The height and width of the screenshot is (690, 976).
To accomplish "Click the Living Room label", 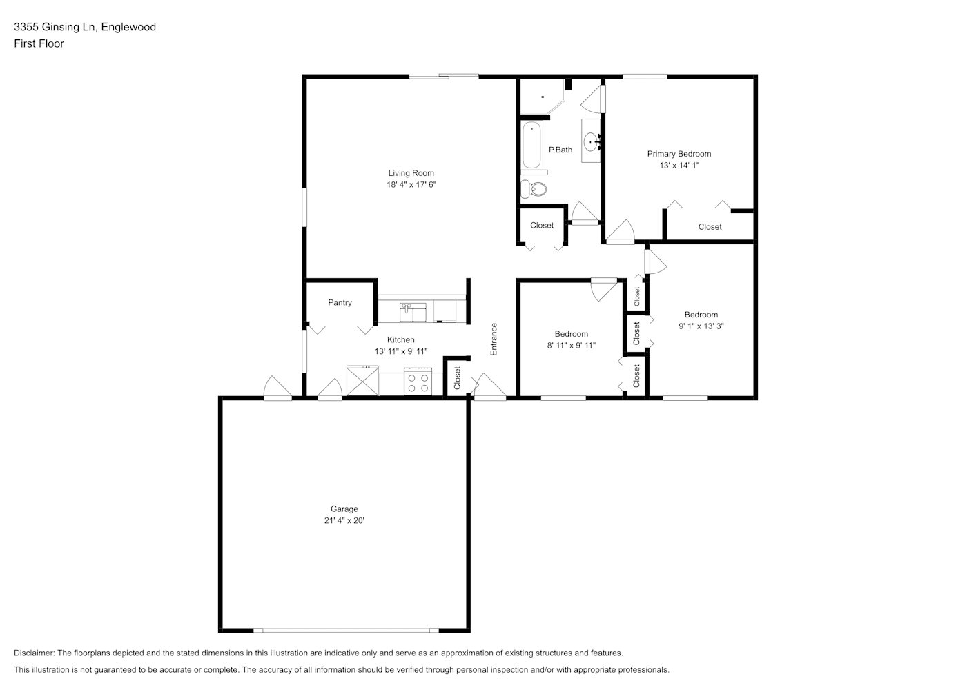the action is (x=411, y=173).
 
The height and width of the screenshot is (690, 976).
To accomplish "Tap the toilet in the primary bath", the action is (x=534, y=188).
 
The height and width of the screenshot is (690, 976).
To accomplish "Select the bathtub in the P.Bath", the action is (x=531, y=146).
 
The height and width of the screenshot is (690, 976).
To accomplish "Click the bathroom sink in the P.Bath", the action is (x=592, y=141).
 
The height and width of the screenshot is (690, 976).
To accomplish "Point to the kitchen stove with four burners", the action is (x=418, y=382).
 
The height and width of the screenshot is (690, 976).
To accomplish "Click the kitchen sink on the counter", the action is (x=413, y=313).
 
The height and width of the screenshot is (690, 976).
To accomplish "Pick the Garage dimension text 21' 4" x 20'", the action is (x=344, y=520).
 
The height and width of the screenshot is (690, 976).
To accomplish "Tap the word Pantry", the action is (x=340, y=302).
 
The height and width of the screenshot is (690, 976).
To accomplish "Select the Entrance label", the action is (x=494, y=339).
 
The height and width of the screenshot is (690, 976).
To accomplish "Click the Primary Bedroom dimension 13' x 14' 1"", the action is (x=679, y=165).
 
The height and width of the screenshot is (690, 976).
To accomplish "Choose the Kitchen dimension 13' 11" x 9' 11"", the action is (x=401, y=351).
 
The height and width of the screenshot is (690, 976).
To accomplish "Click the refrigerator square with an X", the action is (x=362, y=381).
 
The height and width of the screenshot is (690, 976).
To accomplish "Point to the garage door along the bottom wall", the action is (x=346, y=631).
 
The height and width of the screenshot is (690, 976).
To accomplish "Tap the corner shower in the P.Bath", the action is (x=543, y=97).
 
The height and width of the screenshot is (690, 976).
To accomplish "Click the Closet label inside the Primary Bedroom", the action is (x=710, y=226).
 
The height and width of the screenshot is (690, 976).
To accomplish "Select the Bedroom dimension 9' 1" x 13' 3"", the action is (x=701, y=326).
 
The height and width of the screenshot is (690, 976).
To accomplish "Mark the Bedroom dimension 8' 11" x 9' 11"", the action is (x=572, y=345).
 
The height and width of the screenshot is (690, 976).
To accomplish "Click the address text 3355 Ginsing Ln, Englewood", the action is (x=85, y=27).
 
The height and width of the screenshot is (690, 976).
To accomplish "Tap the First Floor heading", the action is (x=39, y=43).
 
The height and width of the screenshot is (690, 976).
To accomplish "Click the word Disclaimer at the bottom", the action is (x=35, y=653).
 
